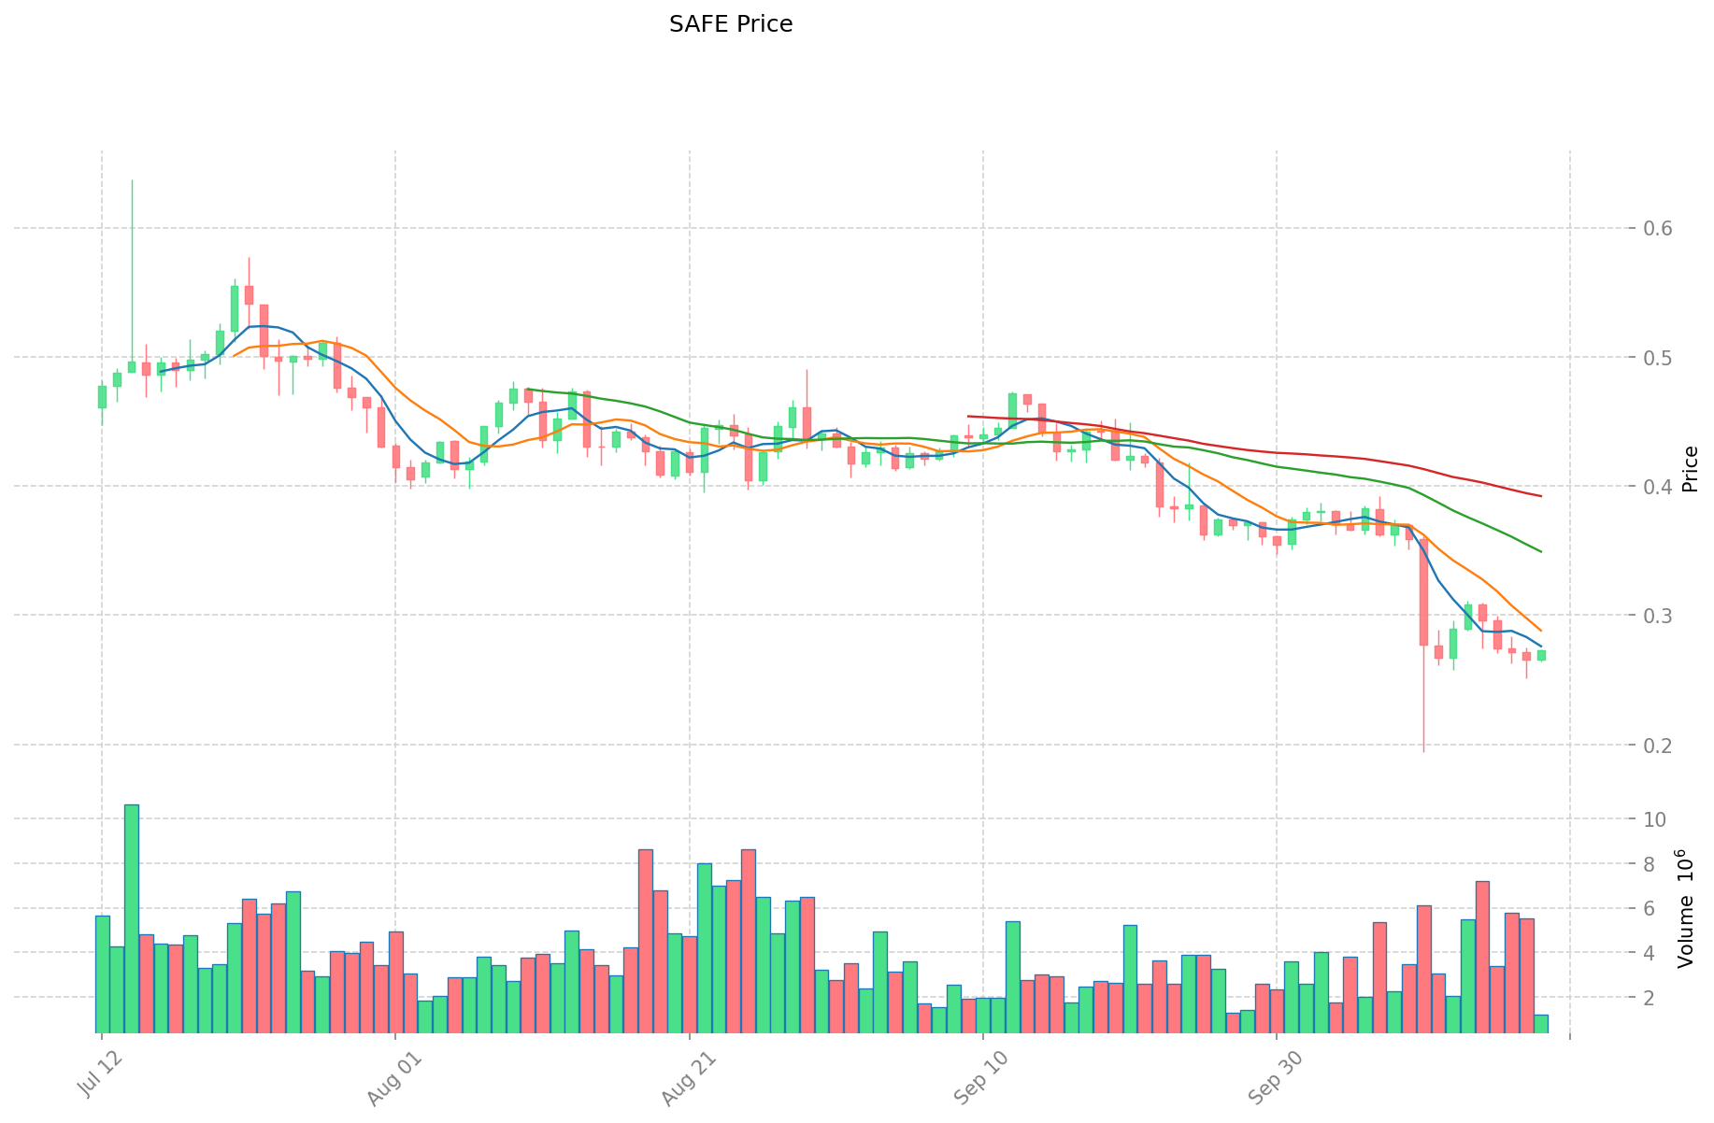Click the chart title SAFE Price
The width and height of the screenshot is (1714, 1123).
[730, 24]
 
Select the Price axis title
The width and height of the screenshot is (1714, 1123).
[1689, 469]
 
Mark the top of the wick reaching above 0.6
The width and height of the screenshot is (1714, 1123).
[132, 180]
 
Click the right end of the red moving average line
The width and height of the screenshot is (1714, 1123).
[1540, 495]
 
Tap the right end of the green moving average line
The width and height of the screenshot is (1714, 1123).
[1540, 551]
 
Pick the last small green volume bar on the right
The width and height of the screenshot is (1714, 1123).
[1540, 1024]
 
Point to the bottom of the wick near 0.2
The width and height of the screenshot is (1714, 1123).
[1423, 751]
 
